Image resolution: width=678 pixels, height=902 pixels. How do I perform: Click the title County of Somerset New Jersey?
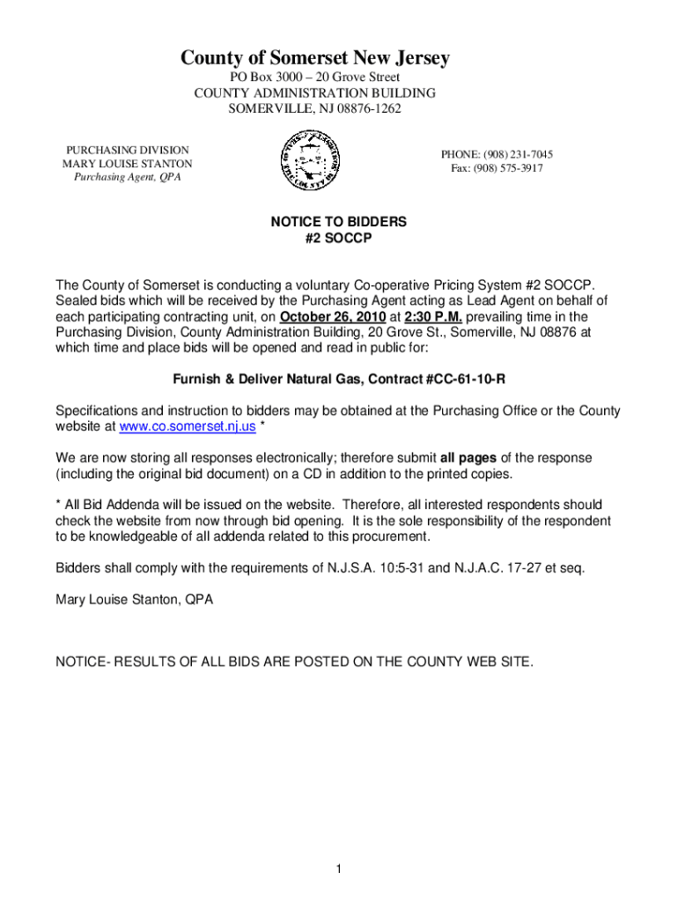pos(315,58)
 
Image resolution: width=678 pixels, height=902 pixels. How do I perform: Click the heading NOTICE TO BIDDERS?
pos(339,223)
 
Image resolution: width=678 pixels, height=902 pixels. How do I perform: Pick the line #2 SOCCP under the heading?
pos(339,239)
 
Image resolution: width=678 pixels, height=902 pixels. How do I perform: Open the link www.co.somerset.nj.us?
pos(188,427)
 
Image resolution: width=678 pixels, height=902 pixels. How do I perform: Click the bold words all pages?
pos(468,458)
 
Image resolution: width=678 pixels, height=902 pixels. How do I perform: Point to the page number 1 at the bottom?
pos(338,870)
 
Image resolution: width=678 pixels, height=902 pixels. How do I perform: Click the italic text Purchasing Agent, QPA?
pos(127,179)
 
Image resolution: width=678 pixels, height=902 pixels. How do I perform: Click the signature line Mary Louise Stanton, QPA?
pos(134,600)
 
